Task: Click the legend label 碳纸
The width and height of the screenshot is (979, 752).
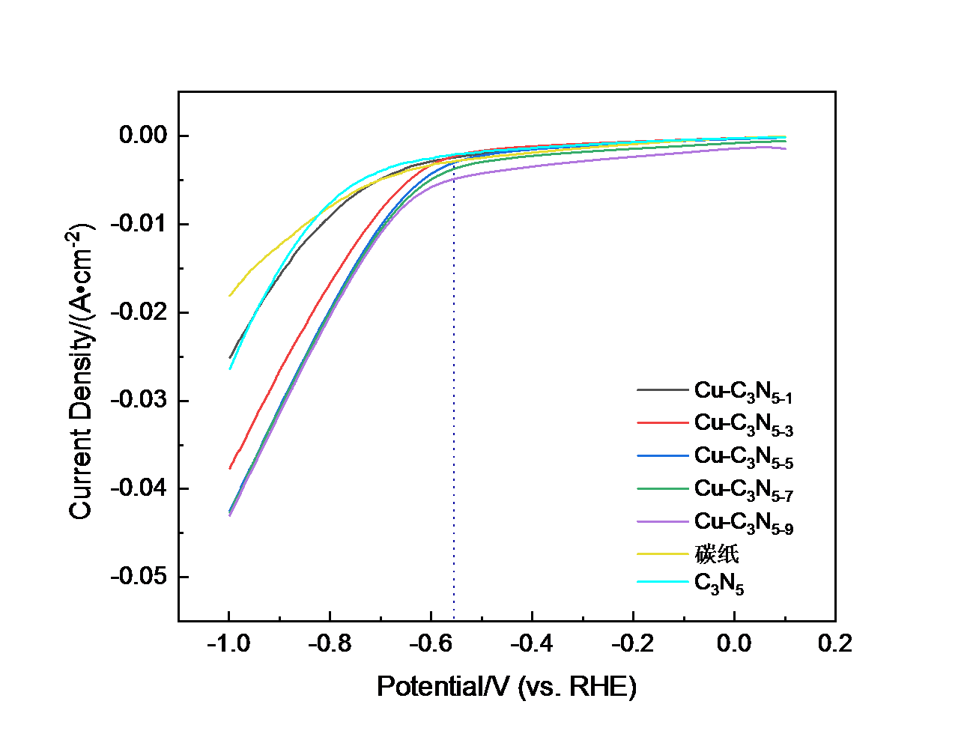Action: click(717, 554)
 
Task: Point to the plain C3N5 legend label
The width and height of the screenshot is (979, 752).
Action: click(719, 583)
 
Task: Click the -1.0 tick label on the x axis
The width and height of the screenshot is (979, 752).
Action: click(228, 643)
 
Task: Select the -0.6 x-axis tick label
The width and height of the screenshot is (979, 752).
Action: click(431, 643)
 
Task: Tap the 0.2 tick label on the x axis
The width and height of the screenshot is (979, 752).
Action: click(835, 643)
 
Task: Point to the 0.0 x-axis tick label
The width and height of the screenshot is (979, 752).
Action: click(734, 643)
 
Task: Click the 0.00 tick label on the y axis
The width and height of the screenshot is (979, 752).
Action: click(143, 136)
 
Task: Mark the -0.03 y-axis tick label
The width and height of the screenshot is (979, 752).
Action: click(139, 400)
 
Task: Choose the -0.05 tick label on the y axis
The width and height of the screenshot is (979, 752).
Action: click(139, 577)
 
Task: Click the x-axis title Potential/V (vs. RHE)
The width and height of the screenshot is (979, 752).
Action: click(506, 686)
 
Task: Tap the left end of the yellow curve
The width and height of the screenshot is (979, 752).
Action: click(230, 295)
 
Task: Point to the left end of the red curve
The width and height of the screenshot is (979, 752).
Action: click(230, 468)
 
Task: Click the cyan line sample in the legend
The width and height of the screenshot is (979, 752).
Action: click(662, 582)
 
